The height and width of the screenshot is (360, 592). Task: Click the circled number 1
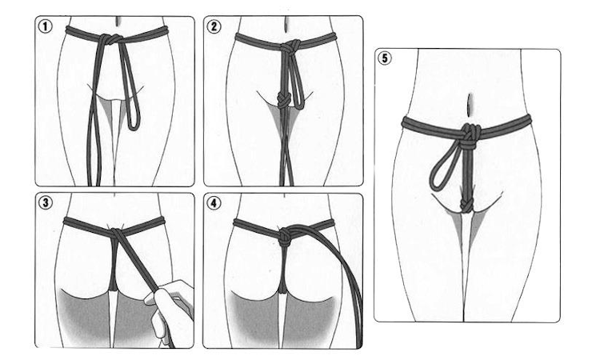click(46, 26)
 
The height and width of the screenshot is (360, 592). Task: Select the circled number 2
click(214, 26)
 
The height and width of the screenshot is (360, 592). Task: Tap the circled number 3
click(46, 202)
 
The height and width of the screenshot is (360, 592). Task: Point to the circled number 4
click(214, 203)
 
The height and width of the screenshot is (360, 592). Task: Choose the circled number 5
click(384, 58)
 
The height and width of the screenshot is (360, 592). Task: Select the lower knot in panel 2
click(283, 100)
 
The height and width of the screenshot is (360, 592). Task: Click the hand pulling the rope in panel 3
click(170, 310)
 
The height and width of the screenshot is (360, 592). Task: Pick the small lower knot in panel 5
click(466, 206)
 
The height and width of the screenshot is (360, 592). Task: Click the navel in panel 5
click(470, 105)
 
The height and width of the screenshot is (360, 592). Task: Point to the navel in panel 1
click(119, 21)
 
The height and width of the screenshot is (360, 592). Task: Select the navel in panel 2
click(287, 23)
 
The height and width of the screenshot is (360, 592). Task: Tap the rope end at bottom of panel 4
click(358, 344)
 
